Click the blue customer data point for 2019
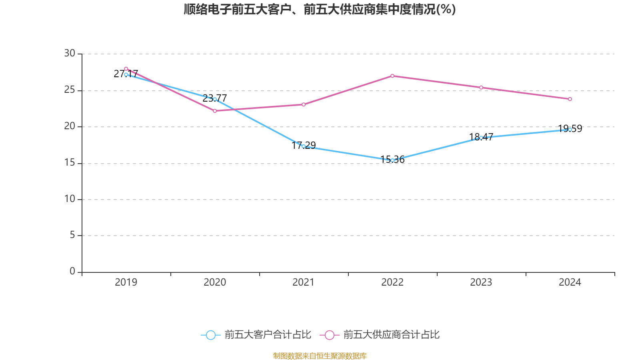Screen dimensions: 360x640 click(126, 74)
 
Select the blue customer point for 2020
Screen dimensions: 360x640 click(215, 99)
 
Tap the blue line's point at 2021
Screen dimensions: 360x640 click(304, 146)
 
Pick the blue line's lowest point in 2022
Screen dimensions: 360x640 click(392, 160)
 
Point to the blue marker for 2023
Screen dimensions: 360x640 click(481, 138)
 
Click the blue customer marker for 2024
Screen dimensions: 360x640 click(570, 130)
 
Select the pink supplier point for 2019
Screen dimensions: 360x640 click(126, 69)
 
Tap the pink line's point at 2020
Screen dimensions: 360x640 click(215, 111)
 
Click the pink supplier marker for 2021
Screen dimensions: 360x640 click(304, 104)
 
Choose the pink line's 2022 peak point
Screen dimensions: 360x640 click(392, 76)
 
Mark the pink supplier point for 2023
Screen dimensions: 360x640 click(481, 88)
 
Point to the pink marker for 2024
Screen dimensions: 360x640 click(570, 99)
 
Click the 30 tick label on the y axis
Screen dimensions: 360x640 click(70, 54)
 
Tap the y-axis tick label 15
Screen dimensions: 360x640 click(70, 163)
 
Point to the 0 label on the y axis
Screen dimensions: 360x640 click(72, 272)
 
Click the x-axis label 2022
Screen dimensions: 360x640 click(392, 282)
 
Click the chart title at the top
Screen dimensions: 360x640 click(320, 9)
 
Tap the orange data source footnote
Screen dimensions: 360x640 click(320, 356)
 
